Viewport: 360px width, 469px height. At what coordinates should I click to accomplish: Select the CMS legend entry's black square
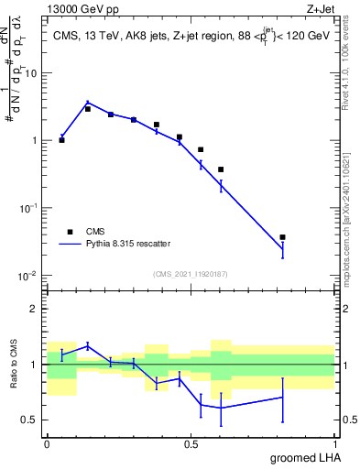coord(70,232)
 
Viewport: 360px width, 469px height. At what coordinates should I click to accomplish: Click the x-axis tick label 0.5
coord(191,443)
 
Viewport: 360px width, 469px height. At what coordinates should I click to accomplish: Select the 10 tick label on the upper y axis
coord(34,72)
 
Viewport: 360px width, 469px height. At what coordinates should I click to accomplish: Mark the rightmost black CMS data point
coord(283,237)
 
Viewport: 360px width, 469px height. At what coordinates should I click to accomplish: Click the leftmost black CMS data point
coord(62,140)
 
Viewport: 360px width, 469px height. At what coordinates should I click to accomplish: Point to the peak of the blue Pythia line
coord(88,103)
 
